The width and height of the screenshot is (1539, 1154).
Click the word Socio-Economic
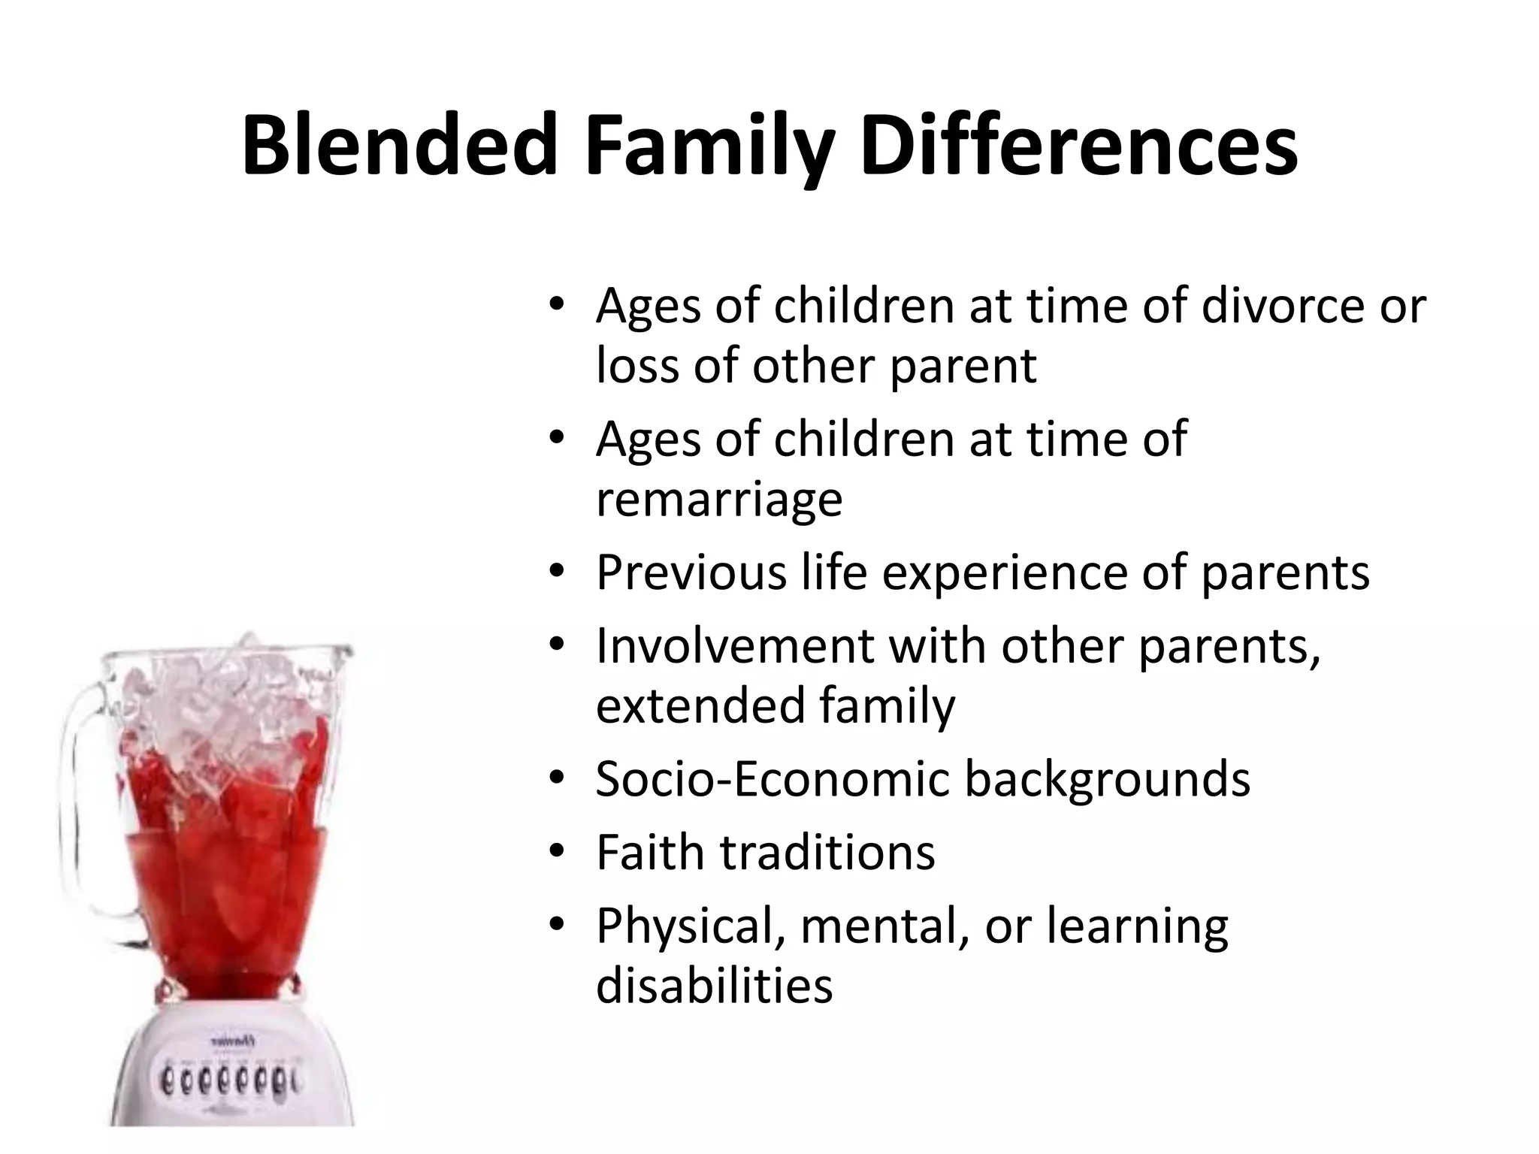(x=773, y=778)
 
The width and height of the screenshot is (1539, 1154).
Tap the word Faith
(x=651, y=852)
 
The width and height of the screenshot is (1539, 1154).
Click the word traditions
(x=827, y=852)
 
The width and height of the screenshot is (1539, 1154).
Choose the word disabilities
(x=714, y=986)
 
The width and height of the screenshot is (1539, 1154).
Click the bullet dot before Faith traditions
(x=556, y=850)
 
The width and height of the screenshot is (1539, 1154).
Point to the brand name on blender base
(x=230, y=1041)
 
